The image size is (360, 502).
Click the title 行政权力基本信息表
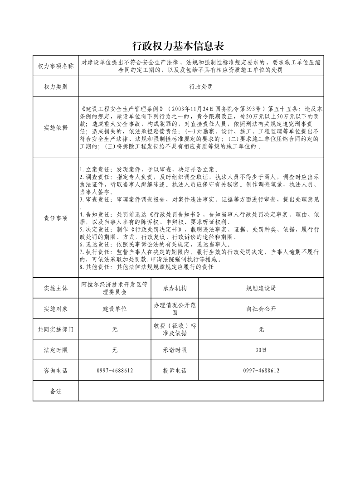[x=178, y=46]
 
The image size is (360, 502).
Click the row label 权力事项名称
[x=55, y=66]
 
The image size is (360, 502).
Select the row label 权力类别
[x=55, y=86]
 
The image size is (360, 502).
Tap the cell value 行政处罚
[x=201, y=86]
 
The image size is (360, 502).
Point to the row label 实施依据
[x=55, y=128]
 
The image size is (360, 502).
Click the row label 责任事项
[x=55, y=218]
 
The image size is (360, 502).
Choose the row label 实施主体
[x=55, y=288]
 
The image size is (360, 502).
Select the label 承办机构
[x=175, y=288]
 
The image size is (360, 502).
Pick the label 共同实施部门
[x=55, y=329]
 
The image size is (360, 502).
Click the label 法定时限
[x=55, y=350]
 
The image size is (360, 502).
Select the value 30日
[x=261, y=350]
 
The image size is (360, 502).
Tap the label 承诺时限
[x=175, y=350]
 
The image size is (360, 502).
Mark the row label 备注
[x=55, y=391]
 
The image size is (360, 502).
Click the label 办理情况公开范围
[x=175, y=309]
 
